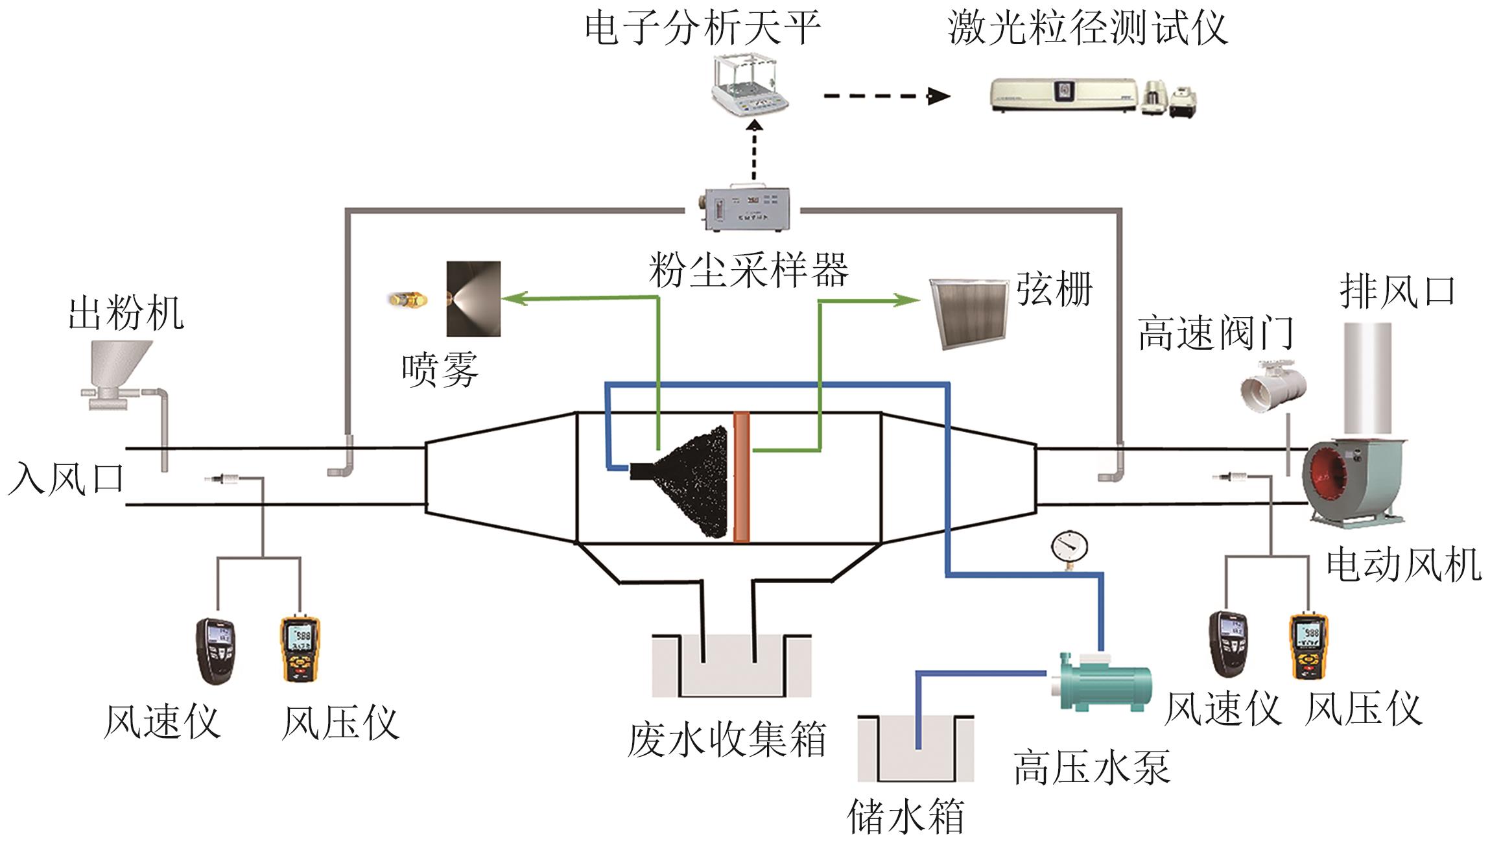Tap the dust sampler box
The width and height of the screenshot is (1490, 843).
coord(742,209)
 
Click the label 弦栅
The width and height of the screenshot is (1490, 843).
coord(1054,289)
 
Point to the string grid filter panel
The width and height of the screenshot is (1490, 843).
coord(969,314)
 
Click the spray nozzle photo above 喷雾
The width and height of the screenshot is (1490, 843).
coord(473,299)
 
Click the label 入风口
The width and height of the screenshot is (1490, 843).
coord(65,479)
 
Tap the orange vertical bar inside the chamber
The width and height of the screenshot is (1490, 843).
coord(741,477)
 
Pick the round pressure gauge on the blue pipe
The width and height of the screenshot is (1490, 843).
coord(1070,546)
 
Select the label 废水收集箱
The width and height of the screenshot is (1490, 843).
coord(726,739)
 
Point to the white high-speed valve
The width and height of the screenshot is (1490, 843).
coord(1272,386)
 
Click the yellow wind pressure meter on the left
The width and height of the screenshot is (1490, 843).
coord(300,648)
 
